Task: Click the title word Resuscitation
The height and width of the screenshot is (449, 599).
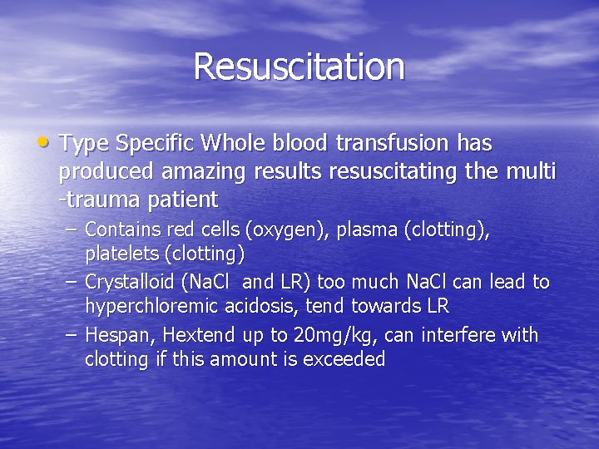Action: (x=299, y=67)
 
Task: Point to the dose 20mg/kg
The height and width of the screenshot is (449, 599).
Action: (x=312, y=336)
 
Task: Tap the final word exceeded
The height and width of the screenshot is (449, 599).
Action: (x=344, y=359)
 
